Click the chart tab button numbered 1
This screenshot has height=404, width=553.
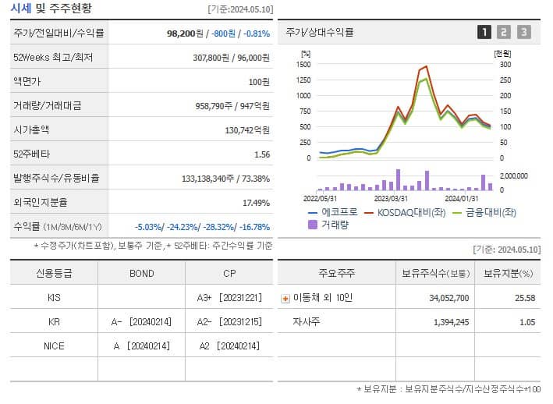tap(484, 32)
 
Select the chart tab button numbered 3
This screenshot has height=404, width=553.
tap(524, 32)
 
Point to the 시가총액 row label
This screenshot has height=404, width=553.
tap(31, 130)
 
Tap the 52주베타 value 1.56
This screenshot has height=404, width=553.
tap(262, 154)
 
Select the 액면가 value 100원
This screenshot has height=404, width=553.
tap(260, 82)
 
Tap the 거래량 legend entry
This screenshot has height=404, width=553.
tap(331, 225)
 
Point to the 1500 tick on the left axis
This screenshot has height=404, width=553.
tap(303, 65)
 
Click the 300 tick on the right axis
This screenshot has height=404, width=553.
tap(505, 65)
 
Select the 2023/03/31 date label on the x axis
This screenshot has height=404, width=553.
tap(392, 198)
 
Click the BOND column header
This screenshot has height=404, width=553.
tap(142, 274)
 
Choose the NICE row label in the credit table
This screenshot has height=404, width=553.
tap(54, 345)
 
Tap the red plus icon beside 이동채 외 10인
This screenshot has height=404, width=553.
tap(285, 298)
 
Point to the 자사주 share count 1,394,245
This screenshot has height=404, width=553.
tap(446, 321)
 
